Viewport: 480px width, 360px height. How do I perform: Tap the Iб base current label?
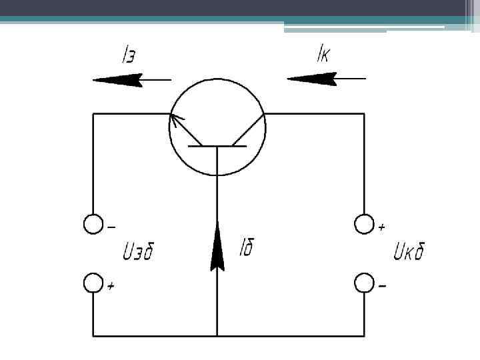point(246,249)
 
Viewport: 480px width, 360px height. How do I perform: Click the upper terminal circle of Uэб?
point(93,225)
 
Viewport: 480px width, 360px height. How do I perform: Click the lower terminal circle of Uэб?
point(93,283)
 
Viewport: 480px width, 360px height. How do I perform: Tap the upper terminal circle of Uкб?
point(364,225)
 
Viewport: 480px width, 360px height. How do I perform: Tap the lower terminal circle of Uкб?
point(364,283)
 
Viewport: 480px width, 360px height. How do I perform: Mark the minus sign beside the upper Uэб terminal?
point(111,226)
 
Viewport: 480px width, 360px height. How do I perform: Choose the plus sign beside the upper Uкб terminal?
point(381,227)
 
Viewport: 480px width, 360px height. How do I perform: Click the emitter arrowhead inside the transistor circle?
point(176,119)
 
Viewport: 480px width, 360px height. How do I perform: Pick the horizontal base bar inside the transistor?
point(217,145)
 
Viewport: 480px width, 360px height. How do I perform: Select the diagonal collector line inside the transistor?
point(248,130)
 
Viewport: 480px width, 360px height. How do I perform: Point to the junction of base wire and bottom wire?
point(217,335)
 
